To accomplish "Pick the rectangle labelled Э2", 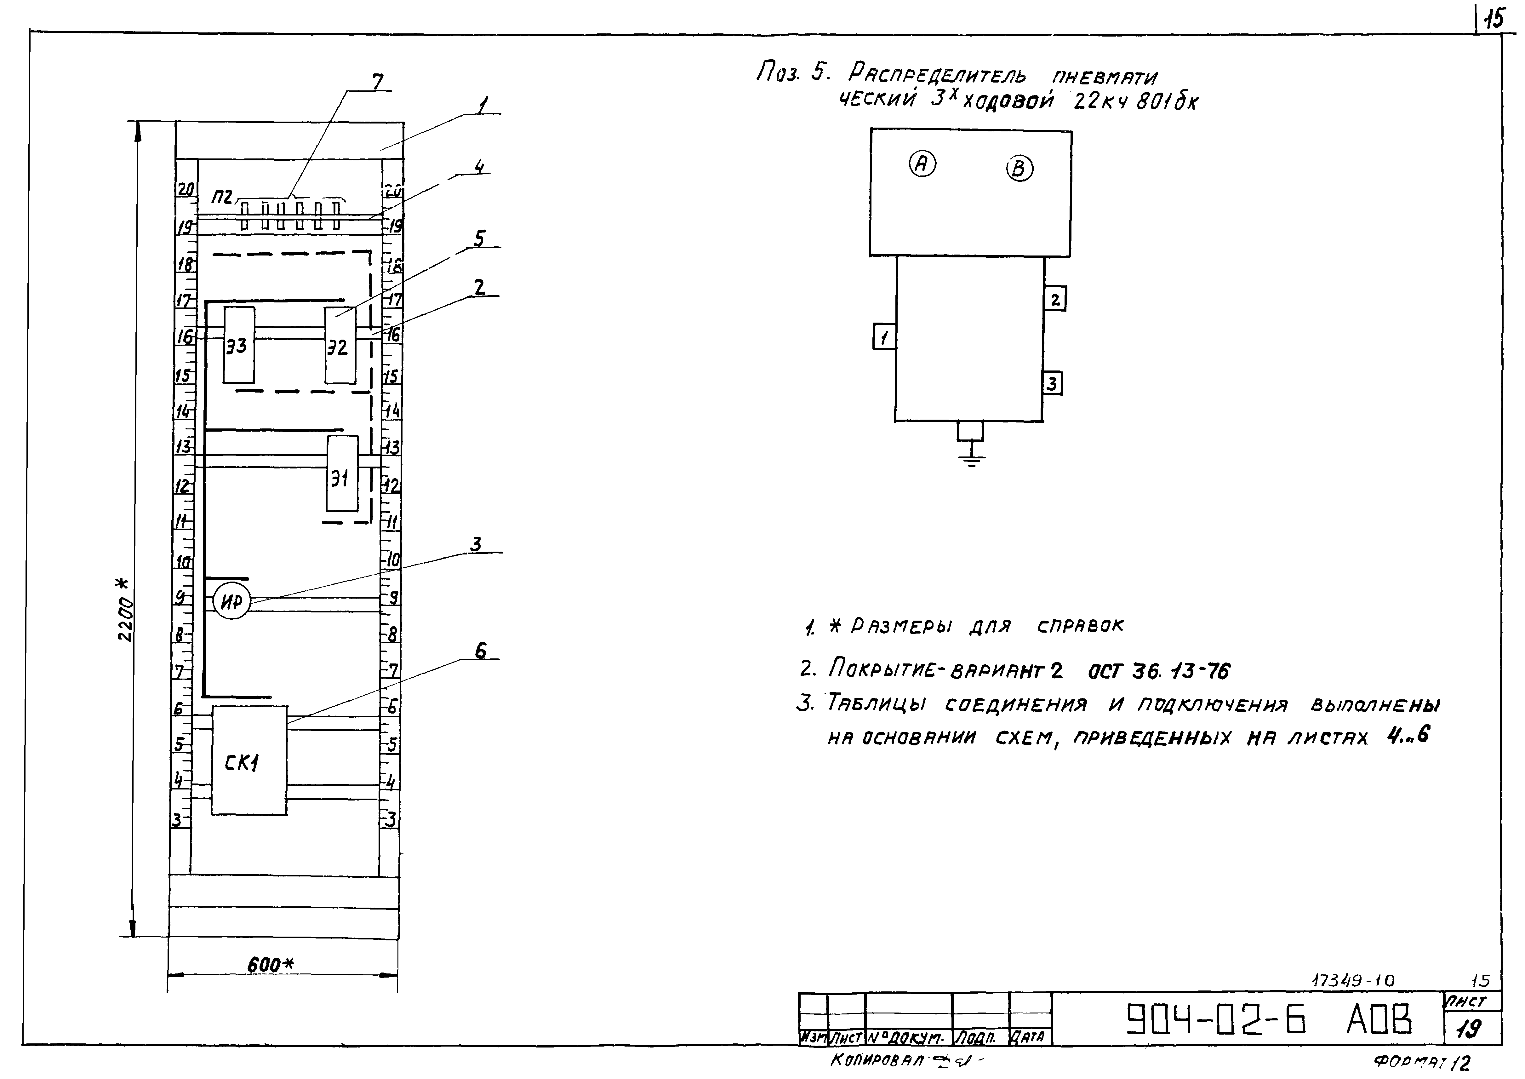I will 340,346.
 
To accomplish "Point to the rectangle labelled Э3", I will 238,346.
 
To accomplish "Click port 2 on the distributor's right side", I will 1055,300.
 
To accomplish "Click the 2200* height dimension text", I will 125,610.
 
